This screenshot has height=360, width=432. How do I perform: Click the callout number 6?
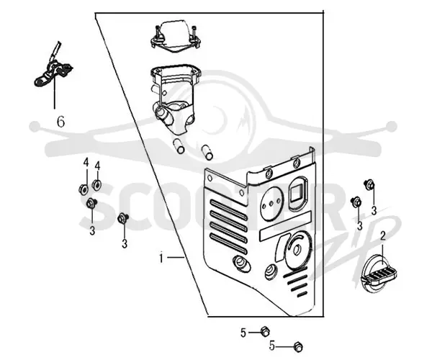61,122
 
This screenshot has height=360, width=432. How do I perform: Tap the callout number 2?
383,235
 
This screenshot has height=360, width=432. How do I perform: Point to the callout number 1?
161,258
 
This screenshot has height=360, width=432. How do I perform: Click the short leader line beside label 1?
176,258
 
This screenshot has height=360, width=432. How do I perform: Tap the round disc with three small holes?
271,203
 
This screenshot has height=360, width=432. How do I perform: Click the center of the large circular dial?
297,249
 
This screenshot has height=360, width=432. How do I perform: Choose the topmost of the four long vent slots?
229,210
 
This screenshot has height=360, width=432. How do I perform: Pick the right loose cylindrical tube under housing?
207,153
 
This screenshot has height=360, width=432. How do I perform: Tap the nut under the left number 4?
84,189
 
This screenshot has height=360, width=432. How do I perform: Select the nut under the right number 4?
97,184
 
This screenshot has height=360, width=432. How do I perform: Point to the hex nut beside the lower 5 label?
298,346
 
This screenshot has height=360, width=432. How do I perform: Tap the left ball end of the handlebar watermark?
35,126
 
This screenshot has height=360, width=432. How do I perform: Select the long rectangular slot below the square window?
285,226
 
